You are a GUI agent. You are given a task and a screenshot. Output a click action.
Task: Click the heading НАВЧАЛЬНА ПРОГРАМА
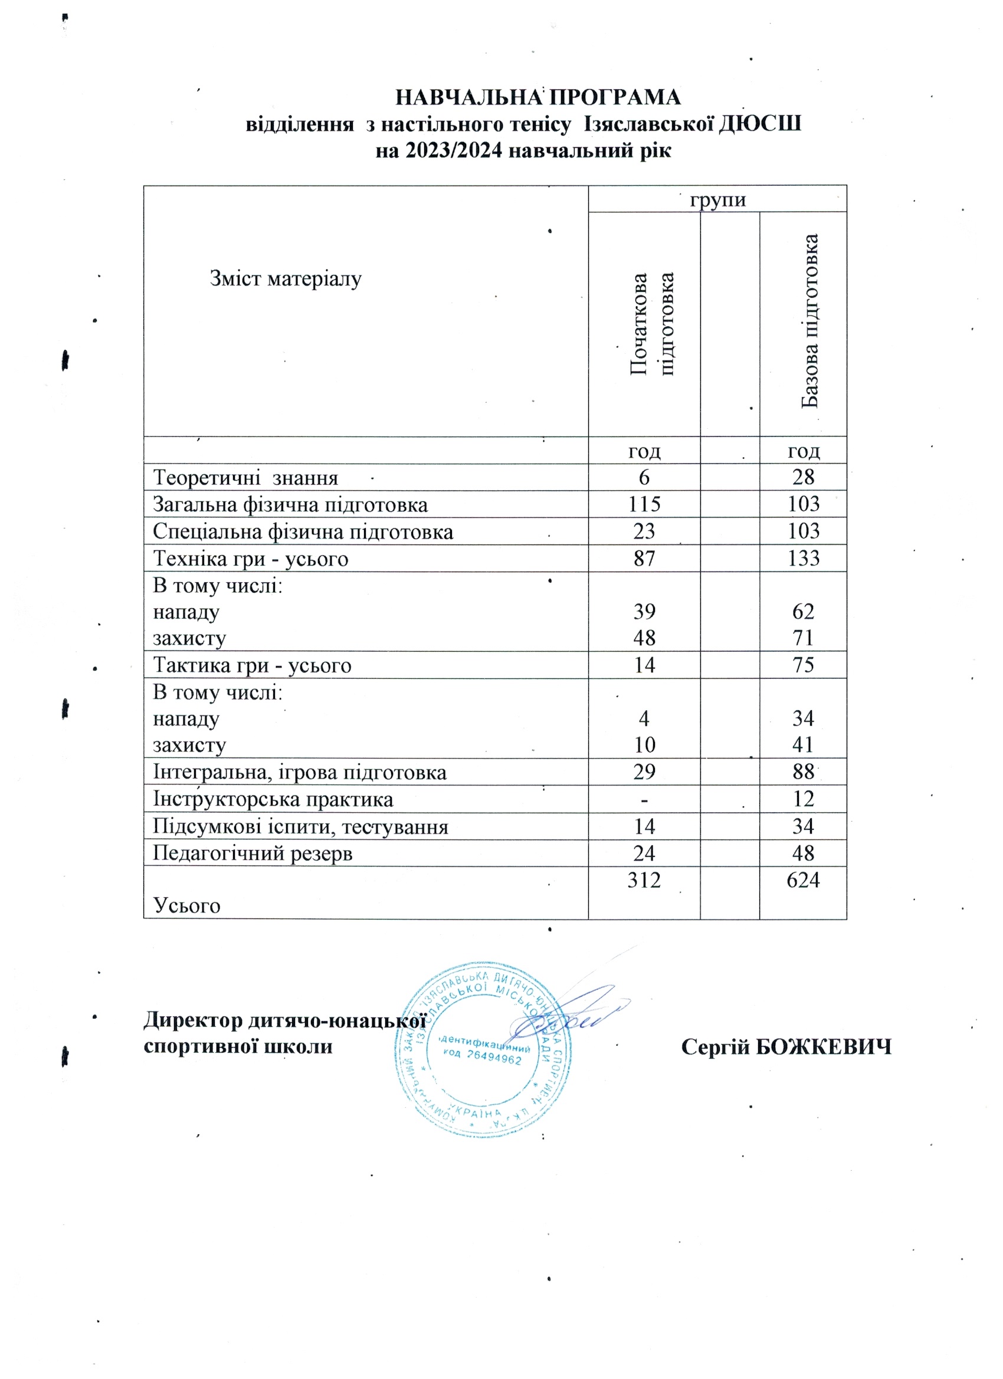537,97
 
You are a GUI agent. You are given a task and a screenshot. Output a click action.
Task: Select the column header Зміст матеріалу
286,279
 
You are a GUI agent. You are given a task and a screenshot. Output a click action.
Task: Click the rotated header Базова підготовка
809,320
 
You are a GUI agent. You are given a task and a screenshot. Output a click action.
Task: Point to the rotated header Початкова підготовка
651,323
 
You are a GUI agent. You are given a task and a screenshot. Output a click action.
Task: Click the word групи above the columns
717,199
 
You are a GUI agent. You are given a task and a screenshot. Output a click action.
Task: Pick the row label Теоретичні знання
245,478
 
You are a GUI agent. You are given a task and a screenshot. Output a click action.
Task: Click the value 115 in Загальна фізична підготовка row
644,504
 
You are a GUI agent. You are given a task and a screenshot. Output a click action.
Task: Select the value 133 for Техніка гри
803,558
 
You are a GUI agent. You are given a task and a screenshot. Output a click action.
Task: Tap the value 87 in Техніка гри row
644,558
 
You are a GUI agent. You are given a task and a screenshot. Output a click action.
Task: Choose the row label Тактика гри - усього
252,665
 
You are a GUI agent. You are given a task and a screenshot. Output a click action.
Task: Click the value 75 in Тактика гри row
803,665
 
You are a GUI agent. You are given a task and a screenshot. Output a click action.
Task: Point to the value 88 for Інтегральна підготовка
803,771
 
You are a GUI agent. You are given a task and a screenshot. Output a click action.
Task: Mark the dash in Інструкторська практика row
644,799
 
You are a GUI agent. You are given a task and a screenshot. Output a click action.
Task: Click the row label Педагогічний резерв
253,853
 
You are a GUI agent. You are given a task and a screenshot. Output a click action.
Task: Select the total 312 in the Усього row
644,880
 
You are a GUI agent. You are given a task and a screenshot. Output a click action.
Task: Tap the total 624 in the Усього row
803,880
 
